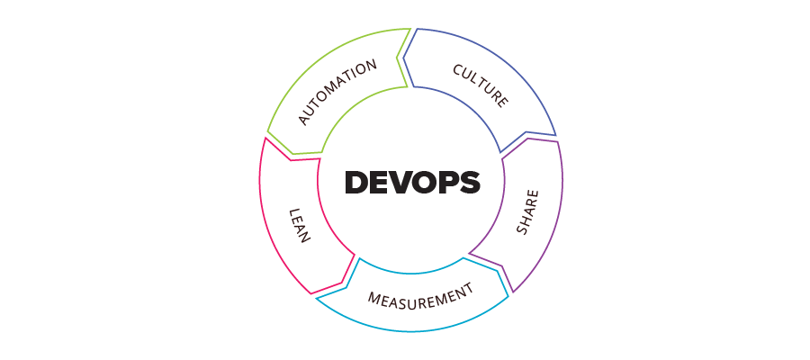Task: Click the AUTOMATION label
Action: click(x=337, y=93)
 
